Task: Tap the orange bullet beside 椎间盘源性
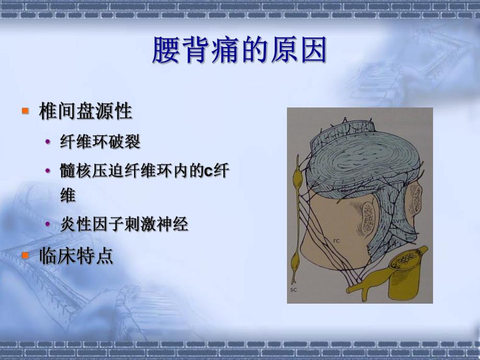tap(25, 111)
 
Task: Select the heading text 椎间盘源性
tap(86, 112)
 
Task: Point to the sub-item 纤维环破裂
tap(100, 142)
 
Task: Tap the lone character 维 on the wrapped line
tap(68, 196)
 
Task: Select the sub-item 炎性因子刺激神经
tap(124, 225)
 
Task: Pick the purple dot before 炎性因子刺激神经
tap(49, 225)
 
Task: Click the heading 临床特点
tap(76, 256)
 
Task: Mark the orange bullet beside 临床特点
tap(25, 256)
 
